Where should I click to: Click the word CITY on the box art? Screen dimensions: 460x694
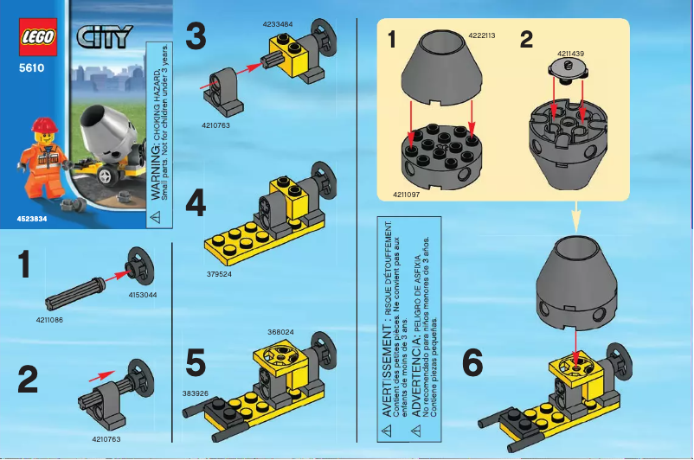click(106, 36)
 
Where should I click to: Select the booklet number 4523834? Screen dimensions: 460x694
click(31, 218)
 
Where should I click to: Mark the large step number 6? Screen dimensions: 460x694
click(472, 363)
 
